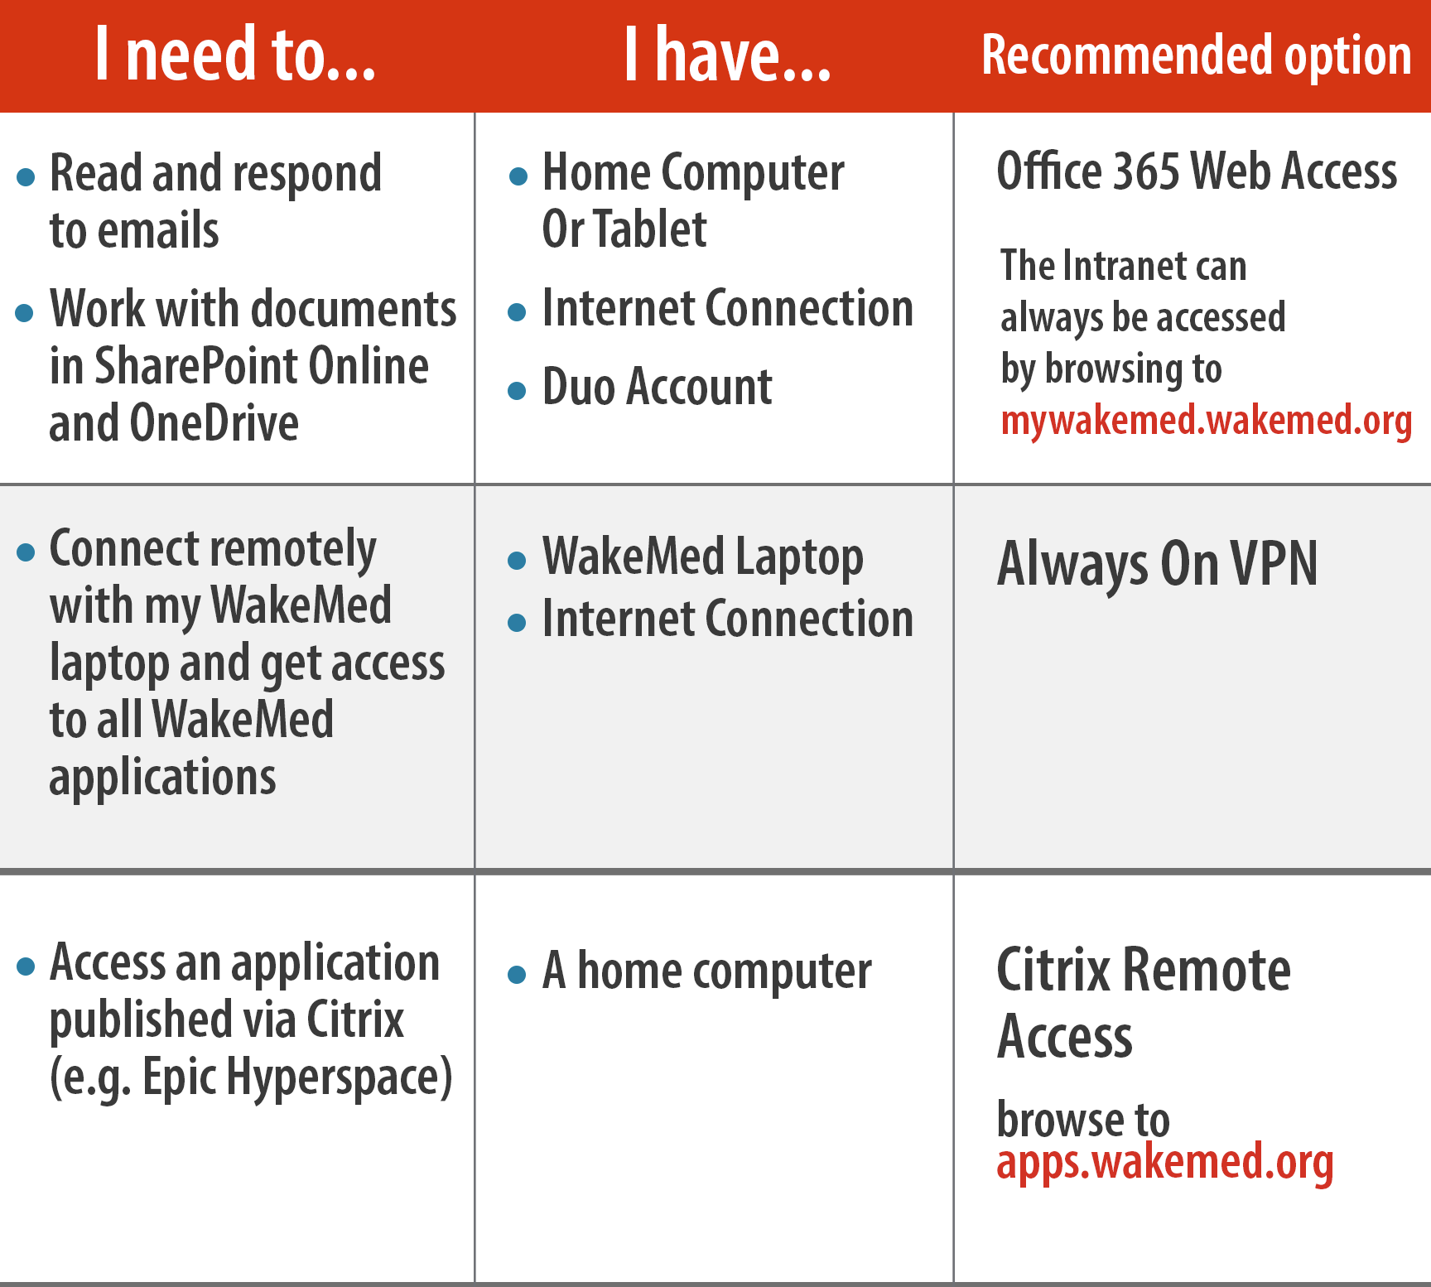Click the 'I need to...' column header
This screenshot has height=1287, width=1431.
coord(235,54)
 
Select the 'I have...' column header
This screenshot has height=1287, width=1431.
coord(727,54)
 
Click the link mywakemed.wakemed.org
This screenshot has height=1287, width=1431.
coord(1206,421)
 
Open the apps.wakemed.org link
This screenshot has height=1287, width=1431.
coord(1165,1163)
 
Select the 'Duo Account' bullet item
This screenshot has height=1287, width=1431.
coord(657,386)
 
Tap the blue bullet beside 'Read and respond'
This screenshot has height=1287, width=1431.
coord(26,176)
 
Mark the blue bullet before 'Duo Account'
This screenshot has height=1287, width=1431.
coord(517,391)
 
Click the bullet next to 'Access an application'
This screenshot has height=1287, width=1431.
coord(26,966)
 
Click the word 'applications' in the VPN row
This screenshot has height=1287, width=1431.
coord(162,778)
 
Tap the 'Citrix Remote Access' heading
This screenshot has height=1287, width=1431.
coord(1144,1003)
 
